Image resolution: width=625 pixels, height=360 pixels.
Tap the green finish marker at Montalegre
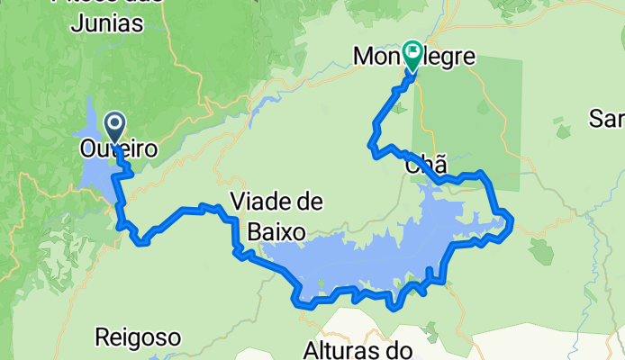pos(413,54)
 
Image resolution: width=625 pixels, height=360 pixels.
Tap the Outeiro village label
pos(119,148)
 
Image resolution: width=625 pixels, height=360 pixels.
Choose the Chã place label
pos(426,166)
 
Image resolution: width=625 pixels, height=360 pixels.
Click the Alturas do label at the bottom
pos(358,349)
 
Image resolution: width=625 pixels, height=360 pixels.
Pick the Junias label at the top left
pos(105,24)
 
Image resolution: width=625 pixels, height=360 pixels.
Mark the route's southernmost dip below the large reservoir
pos(393,306)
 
